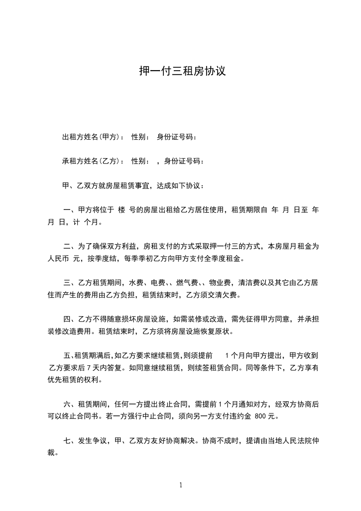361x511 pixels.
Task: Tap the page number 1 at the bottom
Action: click(x=181, y=485)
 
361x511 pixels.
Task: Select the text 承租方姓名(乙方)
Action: click(x=91, y=161)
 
